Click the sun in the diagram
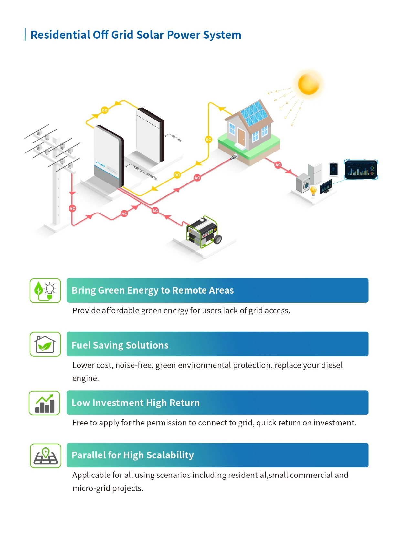coord(309,84)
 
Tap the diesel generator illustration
coord(204,232)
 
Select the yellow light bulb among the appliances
coord(313,191)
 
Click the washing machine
coord(303,183)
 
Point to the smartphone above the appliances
coord(333,169)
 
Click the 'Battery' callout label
coord(176,138)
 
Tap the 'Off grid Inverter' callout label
coord(146,173)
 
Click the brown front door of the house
coord(241,137)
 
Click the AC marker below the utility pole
coord(72,208)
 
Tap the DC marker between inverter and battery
coord(104,110)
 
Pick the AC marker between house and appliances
coord(278,165)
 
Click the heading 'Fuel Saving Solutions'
coord(120,345)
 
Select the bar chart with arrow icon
coord(45,403)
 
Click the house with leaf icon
coord(45,344)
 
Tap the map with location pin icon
coord(46,455)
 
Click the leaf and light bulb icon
coord(45,290)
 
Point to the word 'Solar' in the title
coord(150,35)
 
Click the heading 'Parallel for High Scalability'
coord(132,455)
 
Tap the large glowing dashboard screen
coord(361,169)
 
